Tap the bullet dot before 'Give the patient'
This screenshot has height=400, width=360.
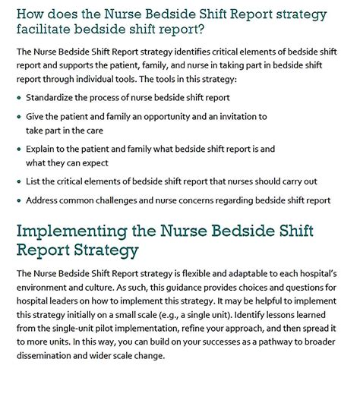click(19, 118)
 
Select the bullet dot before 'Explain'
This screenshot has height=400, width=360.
click(19, 150)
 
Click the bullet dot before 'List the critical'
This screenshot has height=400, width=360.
click(19, 181)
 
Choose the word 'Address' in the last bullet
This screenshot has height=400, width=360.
click(43, 200)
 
